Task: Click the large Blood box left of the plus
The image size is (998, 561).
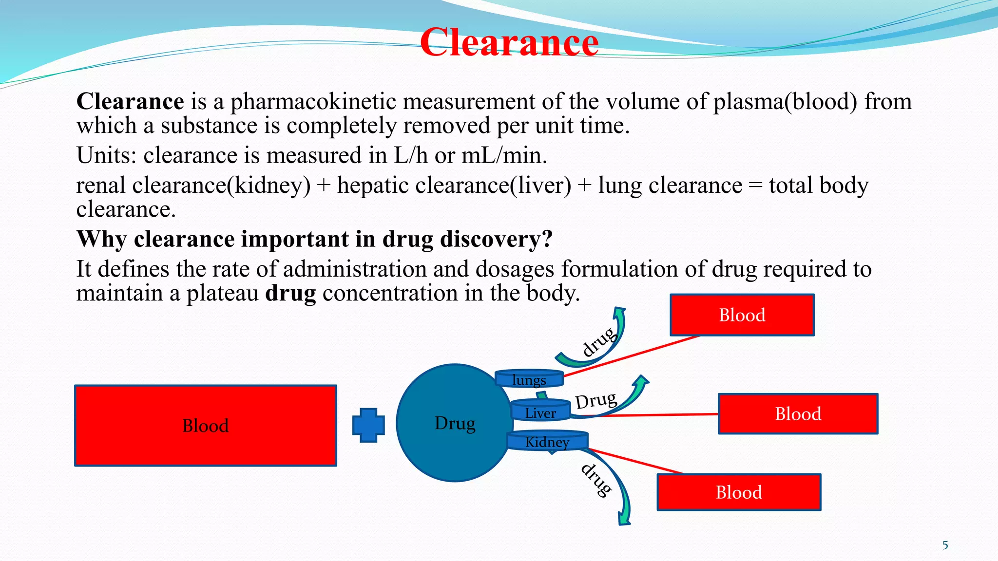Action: click(x=205, y=426)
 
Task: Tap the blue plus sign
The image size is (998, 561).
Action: click(x=368, y=425)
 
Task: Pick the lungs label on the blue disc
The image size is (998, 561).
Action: click(x=529, y=379)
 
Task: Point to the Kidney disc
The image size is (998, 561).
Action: click(x=547, y=442)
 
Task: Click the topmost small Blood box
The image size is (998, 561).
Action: click(x=742, y=315)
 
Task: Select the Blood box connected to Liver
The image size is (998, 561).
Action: click(x=798, y=414)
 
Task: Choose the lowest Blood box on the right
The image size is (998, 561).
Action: click(x=739, y=492)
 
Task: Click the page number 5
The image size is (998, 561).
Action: click(x=945, y=545)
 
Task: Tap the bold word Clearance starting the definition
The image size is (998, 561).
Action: click(x=130, y=101)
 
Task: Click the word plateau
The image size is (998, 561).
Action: click(x=222, y=293)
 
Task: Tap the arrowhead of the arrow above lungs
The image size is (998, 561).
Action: click(x=620, y=312)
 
